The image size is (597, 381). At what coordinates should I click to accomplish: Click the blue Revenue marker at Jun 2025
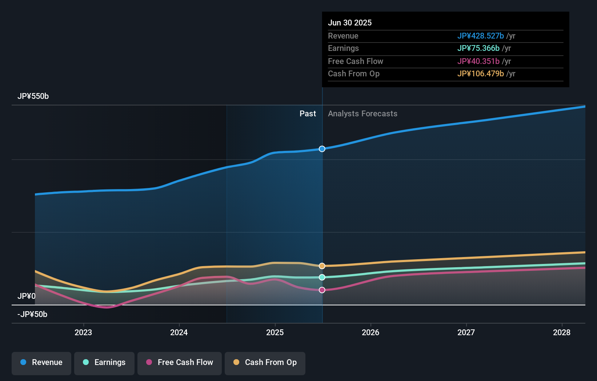(322, 149)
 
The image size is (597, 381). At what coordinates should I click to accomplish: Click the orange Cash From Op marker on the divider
(322, 266)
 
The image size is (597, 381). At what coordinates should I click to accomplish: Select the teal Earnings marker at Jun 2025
(322, 277)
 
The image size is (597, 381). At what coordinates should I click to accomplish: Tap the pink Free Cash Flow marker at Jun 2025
(322, 290)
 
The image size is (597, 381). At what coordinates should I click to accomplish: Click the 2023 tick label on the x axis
(83, 332)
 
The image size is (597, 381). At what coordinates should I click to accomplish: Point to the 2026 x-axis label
(370, 332)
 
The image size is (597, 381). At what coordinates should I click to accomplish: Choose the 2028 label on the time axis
(562, 332)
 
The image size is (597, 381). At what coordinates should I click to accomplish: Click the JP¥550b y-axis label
(33, 96)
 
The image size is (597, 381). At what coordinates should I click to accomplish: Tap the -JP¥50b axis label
(32, 314)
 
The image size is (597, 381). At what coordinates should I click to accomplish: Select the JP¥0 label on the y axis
(27, 296)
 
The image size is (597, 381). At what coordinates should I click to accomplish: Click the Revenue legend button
(41, 362)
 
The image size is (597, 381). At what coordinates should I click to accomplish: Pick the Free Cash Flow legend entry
(180, 362)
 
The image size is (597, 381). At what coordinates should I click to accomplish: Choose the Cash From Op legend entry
(265, 362)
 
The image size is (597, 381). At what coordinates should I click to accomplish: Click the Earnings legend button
(104, 362)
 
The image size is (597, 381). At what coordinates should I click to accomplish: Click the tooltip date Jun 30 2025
(350, 23)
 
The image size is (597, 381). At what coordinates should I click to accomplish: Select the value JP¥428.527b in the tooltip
(480, 36)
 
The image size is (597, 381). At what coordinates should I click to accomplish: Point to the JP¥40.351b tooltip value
(478, 61)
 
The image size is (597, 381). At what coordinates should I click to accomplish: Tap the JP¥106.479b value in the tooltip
(480, 73)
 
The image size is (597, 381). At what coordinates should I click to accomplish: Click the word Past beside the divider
(308, 114)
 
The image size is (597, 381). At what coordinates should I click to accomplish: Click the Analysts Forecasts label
(362, 114)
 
